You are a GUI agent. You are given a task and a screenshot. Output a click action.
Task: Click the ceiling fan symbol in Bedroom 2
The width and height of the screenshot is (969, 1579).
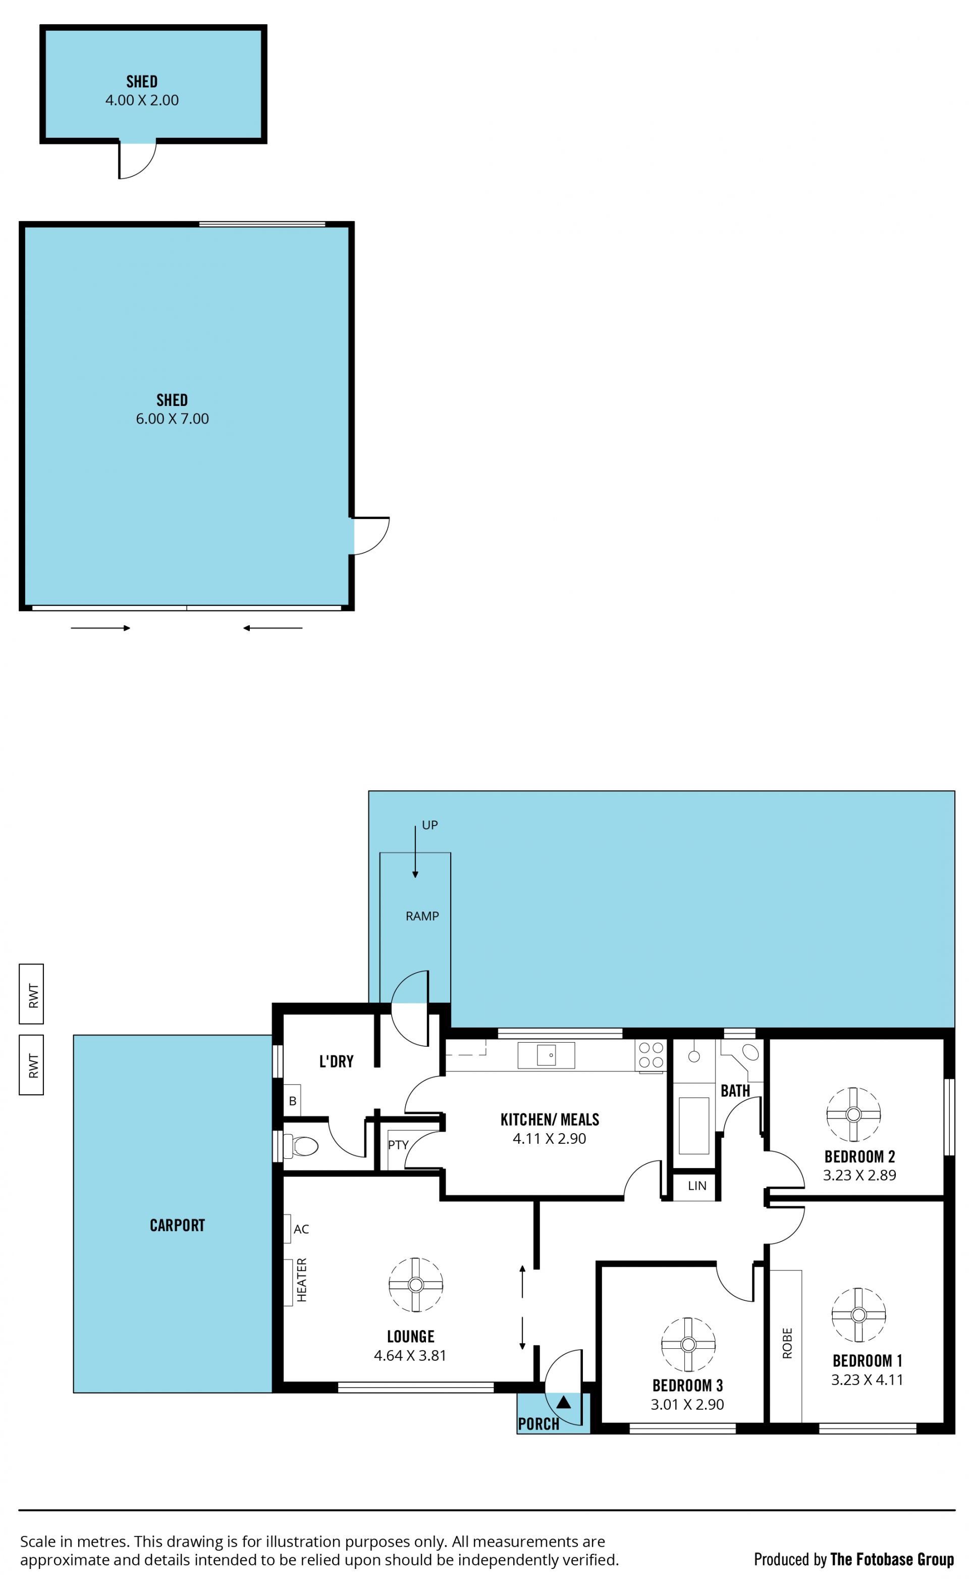coord(853,1114)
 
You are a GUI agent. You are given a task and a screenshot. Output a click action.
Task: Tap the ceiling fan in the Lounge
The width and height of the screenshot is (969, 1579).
coord(416,1285)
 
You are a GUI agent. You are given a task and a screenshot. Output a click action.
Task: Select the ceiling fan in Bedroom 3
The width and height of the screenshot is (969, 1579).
coord(688,1344)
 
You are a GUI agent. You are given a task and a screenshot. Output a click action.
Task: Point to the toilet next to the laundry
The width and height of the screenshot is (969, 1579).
coord(301,1146)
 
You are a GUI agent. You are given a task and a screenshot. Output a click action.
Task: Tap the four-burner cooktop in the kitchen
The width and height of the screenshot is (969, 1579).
coord(651,1054)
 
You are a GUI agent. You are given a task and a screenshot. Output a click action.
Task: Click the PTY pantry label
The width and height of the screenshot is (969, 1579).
coord(398,1145)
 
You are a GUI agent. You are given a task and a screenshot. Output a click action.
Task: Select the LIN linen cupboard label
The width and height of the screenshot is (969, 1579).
coord(697,1186)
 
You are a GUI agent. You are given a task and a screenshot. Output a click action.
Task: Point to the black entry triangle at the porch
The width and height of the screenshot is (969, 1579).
coord(563,1402)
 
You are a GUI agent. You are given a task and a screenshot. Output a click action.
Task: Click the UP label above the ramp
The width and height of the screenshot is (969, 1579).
coord(430,825)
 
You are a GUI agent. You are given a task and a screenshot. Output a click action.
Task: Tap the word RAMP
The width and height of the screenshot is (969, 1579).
coord(422,916)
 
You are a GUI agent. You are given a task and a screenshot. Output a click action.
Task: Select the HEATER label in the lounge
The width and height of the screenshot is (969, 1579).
coord(302,1280)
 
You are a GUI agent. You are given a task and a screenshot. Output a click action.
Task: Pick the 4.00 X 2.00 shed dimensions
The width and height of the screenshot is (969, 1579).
coord(142,100)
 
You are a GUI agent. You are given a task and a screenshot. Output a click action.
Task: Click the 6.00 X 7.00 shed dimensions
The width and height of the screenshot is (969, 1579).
coord(173,419)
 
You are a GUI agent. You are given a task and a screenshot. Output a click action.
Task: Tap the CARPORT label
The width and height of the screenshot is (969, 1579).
coord(178,1225)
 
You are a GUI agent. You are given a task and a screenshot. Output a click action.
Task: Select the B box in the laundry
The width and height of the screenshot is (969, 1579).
coord(292,1101)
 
